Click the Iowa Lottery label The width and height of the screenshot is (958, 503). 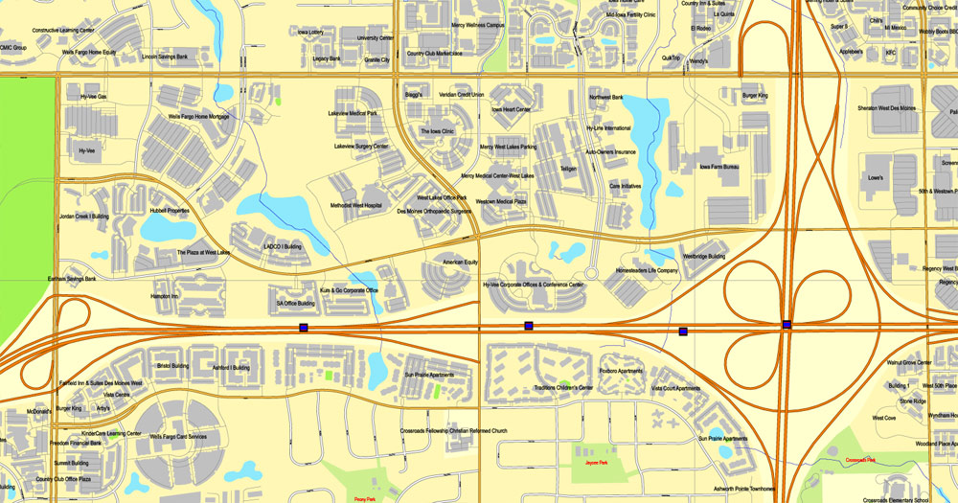click(x=310, y=32)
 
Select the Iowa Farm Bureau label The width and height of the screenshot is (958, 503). click(x=718, y=168)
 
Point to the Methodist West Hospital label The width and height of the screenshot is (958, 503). click(x=355, y=205)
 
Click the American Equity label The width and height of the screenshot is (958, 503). click(x=460, y=262)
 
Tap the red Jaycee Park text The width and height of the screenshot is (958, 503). click(x=597, y=464)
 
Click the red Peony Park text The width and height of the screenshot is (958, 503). click(x=364, y=498)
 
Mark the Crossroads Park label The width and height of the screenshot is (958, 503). click(x=861, y=460)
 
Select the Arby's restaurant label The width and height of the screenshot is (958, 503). click(x=103, y=408)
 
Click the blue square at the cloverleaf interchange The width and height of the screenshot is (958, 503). click(x=787, y=325)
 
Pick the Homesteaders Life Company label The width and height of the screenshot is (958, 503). click(x=647, y=270)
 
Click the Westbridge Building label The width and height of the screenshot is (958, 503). click(x=703, y=257)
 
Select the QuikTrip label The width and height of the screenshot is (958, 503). click(x=671, y=58)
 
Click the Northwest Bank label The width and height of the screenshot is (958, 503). click(x=605, y=97)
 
